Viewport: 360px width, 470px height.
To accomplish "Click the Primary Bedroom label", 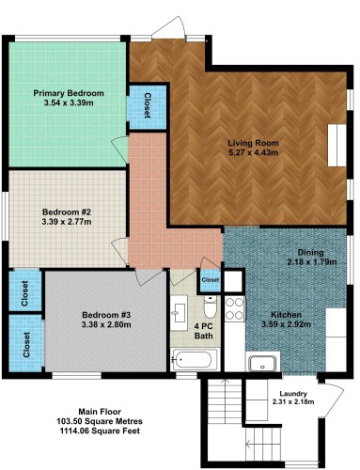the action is tap(69, 93).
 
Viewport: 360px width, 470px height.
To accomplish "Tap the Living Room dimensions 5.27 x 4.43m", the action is tap(253, 152).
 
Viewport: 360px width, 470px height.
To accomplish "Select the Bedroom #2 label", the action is tap(67, 212).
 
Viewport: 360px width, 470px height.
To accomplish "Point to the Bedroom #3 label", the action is tap(106, 315).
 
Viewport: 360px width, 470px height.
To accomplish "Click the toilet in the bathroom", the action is tap(210, 306).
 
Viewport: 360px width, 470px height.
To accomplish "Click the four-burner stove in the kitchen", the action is tap(235, 308).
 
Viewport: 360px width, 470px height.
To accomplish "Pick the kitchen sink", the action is tap(263, 362).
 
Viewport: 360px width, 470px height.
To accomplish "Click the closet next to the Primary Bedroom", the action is tap(148, 106).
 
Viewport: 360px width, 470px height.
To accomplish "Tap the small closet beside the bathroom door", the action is tap(210, 279).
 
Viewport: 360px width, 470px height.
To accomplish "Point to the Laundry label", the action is tap(293, 394).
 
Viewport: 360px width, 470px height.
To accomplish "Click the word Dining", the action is tap(310, 252).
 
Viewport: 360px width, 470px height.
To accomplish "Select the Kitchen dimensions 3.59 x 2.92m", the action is tap(286, 324).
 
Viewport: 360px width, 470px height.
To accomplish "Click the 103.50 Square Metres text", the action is tap(100, 421).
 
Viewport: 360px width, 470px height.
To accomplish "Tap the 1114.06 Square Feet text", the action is tap(100, 431).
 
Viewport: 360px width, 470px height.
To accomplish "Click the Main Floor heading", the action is tap(100, 412).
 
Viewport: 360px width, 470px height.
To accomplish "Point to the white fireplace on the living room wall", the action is tap(337, 146).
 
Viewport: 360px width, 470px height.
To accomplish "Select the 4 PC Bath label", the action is tap(204, 331).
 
